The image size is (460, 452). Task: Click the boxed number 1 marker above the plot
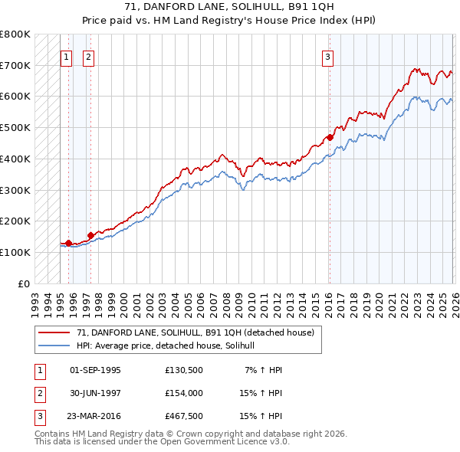[x=65, y=56]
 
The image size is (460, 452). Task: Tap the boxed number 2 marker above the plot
[x=88, y=56]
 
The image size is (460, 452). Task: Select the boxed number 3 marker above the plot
[x=327, y=56]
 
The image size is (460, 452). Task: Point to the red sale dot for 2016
[x=330, y=137]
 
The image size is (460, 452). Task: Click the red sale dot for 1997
[x=91, y=235]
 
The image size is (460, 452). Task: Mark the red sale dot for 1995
[x=68, y=243]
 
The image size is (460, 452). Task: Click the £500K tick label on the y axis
[x=15, y=127]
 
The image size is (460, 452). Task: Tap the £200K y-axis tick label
[x=15, y=221]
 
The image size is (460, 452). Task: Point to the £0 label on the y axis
[x=23, y=283]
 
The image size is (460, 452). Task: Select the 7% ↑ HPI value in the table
[x=264, y=370]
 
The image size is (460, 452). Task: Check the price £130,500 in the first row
[x=183, y=370]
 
